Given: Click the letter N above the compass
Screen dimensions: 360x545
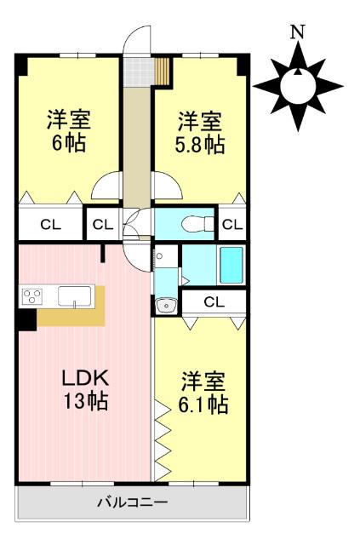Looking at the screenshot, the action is (298, 32).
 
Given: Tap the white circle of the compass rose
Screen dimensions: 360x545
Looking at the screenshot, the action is (298, 86).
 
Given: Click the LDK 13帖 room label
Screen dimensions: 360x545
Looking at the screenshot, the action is (85, 389).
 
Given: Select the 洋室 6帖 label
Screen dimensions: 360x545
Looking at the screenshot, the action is (69, 131).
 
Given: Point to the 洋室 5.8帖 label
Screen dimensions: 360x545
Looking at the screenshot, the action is (200, 133).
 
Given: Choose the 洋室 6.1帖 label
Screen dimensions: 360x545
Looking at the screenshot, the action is (203, 393).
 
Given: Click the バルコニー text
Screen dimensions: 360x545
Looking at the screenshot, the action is (133, 502).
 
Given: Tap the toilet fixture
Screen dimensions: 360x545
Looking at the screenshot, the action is (197, 224).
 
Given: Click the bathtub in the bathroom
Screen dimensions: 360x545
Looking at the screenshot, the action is (231, 265).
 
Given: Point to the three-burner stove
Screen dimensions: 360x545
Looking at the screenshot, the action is (32, 296).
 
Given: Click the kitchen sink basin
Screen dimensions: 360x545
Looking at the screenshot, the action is (74, 296).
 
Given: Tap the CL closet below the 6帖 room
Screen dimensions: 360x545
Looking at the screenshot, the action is (51, 225).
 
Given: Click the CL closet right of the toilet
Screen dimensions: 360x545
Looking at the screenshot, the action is (231, 225).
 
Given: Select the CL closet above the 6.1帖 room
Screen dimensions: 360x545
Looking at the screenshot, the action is (214, 301).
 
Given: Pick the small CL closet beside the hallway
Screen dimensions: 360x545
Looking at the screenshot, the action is (103, 225).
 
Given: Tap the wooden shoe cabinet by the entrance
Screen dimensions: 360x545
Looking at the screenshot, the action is (162, 72).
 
